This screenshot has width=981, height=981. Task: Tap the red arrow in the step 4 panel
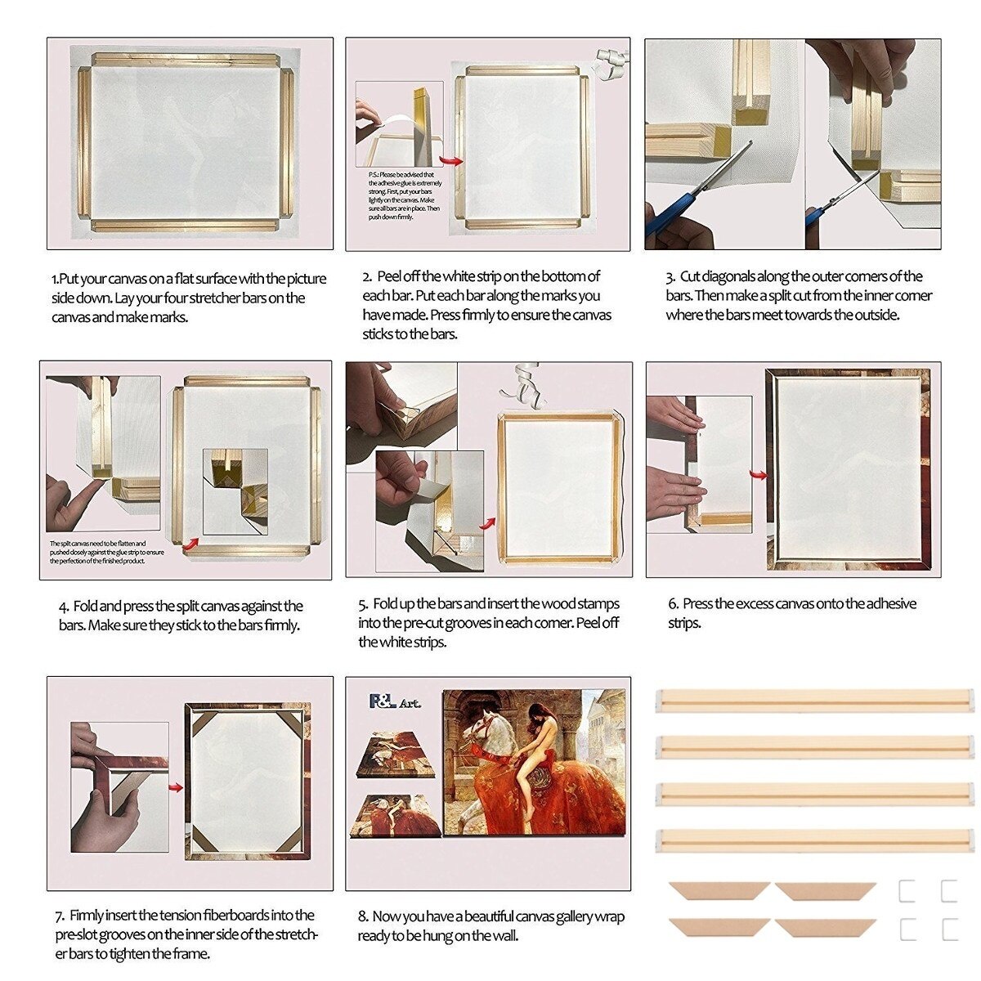click(190, 540)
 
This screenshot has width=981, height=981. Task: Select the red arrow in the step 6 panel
click(759, 474)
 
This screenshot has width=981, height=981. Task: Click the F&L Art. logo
click(394, 701)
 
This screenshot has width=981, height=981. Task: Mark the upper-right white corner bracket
click(948, 891)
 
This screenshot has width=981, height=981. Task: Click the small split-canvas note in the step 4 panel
click(106, 552)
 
